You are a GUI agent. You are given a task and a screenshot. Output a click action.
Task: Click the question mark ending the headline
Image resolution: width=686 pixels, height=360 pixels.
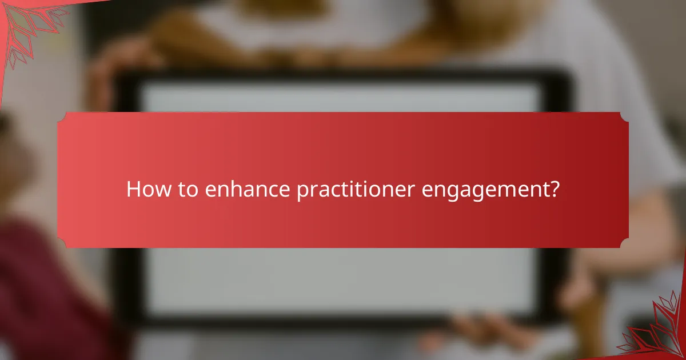(553, 189)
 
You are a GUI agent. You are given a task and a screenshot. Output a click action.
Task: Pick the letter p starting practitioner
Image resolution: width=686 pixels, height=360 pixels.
(301, 191)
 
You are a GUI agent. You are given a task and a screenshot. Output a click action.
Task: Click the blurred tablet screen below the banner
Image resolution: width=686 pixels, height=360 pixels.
(343, 280)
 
